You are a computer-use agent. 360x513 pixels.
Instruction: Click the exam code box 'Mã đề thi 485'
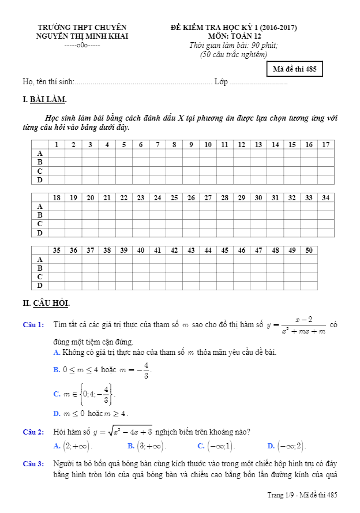[294, 70]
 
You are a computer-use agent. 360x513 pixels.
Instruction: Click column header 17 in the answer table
[326, 144]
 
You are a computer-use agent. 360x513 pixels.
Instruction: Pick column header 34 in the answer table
[326, 197]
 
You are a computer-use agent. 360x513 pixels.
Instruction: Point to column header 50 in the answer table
[309, 250]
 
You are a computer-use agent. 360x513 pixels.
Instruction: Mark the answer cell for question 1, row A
[57, 153]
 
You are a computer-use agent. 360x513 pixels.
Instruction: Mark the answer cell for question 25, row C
[174, 224]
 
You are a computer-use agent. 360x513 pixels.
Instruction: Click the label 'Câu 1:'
[33, 325]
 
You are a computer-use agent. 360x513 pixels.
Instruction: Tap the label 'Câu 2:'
[33, 432]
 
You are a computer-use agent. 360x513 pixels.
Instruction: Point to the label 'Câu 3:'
[33, 464]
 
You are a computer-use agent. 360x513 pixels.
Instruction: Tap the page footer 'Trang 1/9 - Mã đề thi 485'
[302, 495]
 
